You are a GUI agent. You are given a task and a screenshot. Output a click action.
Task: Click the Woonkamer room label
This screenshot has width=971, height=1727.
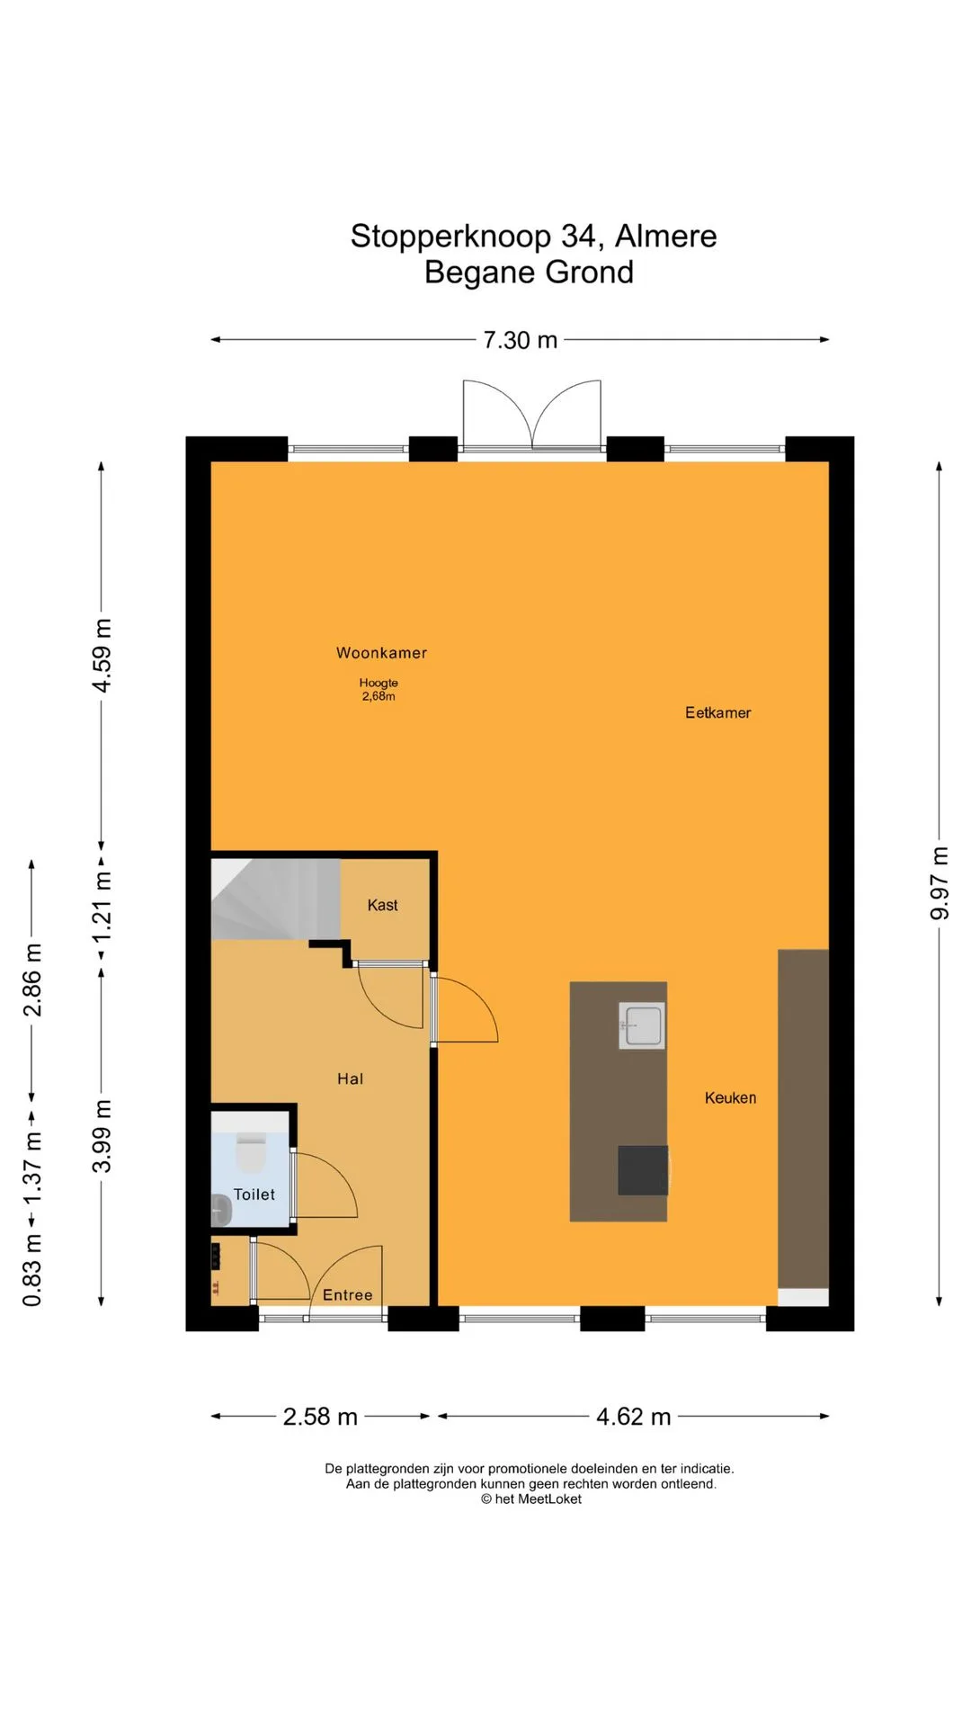tap(381, 653)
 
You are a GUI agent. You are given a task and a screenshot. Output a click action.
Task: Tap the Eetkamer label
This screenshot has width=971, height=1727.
tap(717, 712)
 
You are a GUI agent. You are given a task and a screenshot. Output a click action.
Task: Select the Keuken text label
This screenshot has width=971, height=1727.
tap(730, 1097)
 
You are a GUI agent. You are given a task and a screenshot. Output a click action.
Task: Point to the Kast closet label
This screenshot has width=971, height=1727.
tap(382, 905)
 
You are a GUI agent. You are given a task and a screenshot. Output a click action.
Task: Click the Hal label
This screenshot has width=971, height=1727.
tap(350, 1078)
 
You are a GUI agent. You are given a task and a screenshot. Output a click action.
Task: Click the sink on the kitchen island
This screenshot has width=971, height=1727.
tap(642, 1025)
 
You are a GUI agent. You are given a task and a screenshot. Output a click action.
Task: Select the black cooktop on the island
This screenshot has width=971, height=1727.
tap(643, 1170)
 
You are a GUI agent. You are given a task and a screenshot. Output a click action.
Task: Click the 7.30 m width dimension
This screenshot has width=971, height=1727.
tap(520, 340)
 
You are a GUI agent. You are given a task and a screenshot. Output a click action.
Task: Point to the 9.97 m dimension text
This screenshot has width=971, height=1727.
tap(940, 883)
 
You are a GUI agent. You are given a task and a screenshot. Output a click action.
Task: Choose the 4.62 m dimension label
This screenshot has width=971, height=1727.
tap(634, 1417)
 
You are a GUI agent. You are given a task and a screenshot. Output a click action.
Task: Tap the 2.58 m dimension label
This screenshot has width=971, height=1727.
tap(320, 1417)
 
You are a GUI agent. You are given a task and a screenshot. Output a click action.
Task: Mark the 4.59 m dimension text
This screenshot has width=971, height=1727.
tap(102, 656)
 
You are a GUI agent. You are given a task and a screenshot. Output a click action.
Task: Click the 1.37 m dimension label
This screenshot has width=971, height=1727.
tap(32, 1168)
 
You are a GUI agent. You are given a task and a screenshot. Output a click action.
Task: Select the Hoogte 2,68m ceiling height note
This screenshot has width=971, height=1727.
tap(379, 689)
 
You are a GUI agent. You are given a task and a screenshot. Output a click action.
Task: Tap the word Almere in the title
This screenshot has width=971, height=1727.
tap(666, 236)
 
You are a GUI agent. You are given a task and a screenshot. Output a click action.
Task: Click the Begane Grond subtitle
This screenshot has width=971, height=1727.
tap(529, 272)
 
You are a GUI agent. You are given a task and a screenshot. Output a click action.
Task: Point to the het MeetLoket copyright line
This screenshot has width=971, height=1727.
tap(530, 1499)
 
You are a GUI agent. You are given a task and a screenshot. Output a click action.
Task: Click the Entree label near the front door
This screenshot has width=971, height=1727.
tap(347, 1294)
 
